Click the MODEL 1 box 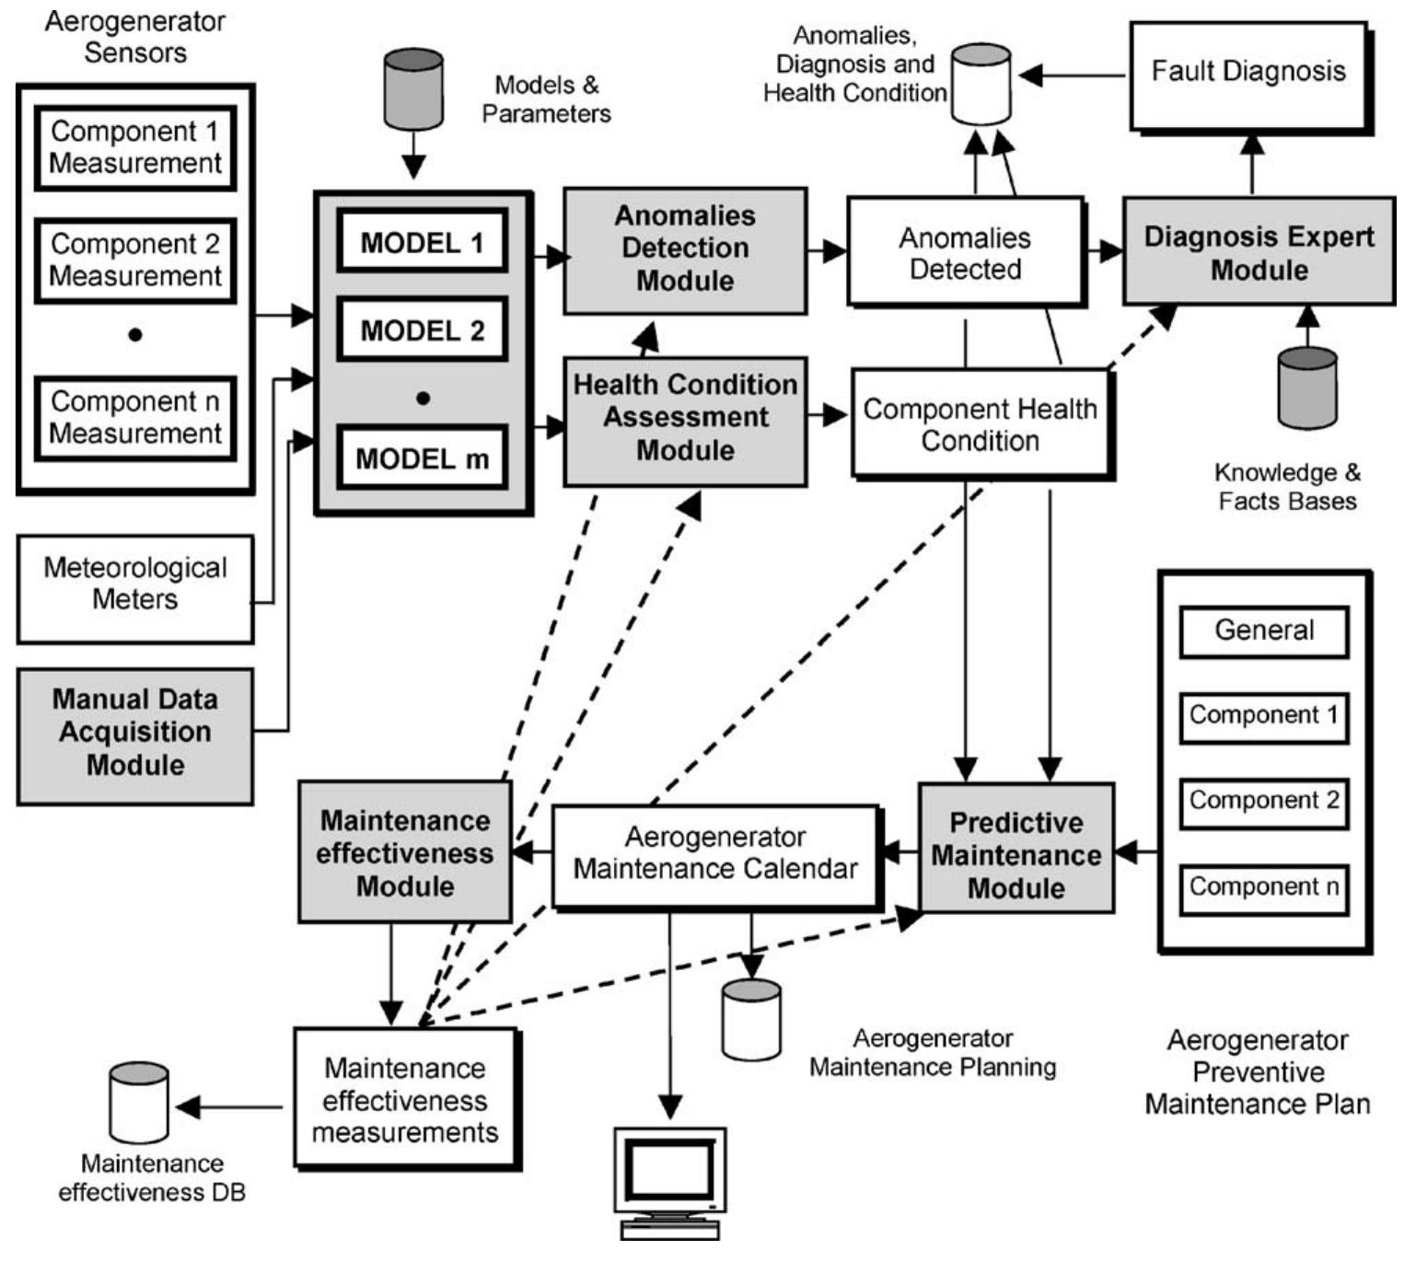coord(422,242)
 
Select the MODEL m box coord(422,457)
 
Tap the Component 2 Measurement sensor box coord(135,261)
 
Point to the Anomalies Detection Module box coord(685,249)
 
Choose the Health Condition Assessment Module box coord(685,419)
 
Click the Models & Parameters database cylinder coord(413,88)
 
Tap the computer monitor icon coord(670,1181)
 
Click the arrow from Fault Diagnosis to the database coord(1073,75)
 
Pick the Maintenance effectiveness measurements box coord(405,1099)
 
